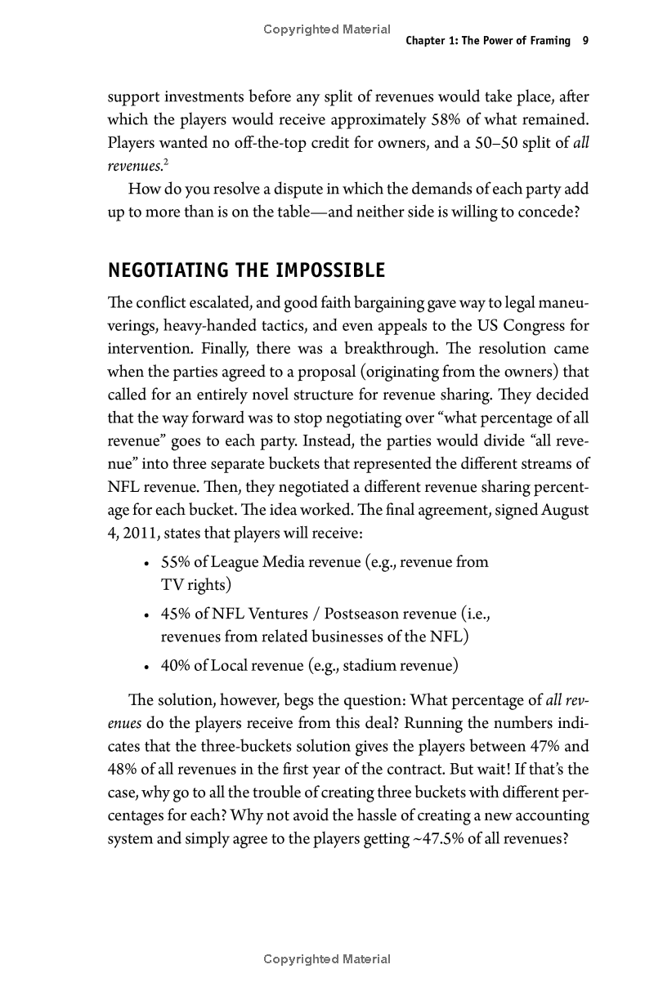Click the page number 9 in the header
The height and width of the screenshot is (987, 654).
585,41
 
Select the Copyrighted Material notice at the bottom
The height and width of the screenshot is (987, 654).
327,959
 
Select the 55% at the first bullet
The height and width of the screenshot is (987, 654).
175,562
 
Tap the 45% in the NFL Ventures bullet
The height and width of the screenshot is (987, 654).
175,614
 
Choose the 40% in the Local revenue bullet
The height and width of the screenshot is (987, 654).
175,665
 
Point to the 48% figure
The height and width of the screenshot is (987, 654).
123,770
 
